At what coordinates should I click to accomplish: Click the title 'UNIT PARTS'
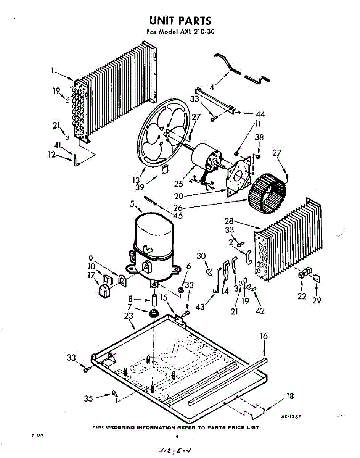pos(180,20)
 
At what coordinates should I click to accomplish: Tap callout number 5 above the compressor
pos(132,203)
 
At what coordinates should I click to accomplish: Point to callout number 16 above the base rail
pos(264,336)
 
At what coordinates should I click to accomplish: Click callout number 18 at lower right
pos(290,396)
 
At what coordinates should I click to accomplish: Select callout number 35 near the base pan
pos(88,399)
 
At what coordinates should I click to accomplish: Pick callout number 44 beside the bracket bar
pos(260,114)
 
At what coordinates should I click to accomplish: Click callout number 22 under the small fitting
pos(302,296)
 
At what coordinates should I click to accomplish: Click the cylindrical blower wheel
pos(267,195)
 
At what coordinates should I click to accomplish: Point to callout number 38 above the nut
pos(259,137)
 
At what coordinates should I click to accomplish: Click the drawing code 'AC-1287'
pos(291,417)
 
